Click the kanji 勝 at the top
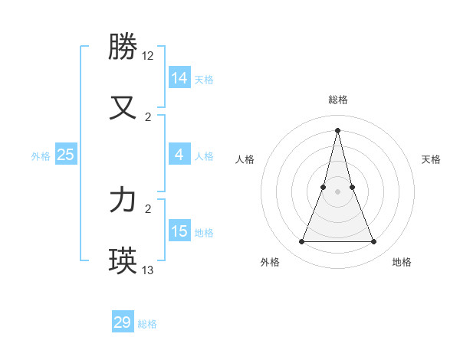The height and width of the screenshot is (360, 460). [x=123, y=47]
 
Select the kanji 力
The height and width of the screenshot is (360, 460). [x=123, y=200]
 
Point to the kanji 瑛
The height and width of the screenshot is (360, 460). [x=123, y=260]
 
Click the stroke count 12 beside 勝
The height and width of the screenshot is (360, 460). [x=148, y=56]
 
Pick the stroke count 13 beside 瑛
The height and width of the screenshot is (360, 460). [x=148, y=270]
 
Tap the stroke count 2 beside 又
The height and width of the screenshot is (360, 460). [x=148, y=116]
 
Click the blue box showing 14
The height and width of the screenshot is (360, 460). [x=179, y=78]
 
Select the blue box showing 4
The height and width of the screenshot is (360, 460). [x=179, y=155]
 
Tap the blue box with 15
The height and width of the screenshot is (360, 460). [x=179, y=231]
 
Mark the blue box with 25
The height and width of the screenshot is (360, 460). [x=65, y=155]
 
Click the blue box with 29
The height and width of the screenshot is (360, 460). [x=122, y=322]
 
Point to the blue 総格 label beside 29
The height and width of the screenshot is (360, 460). [x=147, y=324]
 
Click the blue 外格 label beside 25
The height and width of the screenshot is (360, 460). [x=41, y=156]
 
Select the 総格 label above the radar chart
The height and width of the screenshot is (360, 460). [x=337, y=100]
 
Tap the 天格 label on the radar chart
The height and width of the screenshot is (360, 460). [x=431, y=159]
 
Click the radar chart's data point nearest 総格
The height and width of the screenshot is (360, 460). [x=337, y=129]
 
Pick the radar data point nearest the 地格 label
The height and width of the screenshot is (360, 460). [x=374, y=242]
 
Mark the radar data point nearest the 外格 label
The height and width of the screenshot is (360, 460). [x=301, y=242]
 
